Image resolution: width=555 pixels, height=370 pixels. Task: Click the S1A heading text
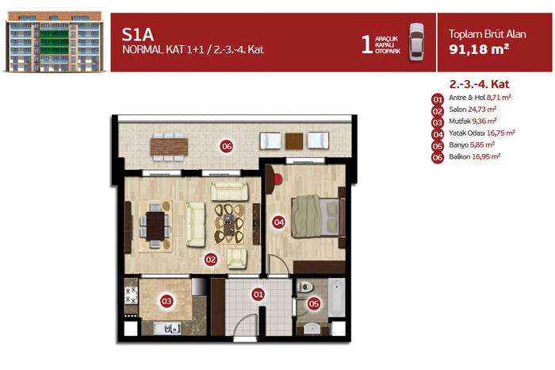pos(138,34)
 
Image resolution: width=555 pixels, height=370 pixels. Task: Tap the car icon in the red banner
pos(416,42)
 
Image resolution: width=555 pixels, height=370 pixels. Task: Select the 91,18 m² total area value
pos(479,49)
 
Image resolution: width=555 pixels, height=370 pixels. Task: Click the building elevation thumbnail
pos(54,41)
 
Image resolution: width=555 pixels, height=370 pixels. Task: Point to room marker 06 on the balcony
pos(227,146)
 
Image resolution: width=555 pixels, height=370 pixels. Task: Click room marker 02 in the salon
pos(211,260)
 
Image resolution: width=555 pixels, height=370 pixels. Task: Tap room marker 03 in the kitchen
pos(166,301)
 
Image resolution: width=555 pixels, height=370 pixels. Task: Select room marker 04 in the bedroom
pos(278,222)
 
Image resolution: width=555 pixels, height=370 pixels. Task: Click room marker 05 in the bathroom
pos(314,304)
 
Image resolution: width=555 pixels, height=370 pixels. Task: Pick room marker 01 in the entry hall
pos(258,294)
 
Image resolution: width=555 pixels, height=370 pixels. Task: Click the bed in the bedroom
pos(317,217)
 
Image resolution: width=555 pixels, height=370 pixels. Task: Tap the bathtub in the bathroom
pos(336,297)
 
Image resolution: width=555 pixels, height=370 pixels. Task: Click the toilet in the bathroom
pos(304,287)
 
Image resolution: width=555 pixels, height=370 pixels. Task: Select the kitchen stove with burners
pos(131,295)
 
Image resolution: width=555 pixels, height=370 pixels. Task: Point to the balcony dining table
pos(169,147)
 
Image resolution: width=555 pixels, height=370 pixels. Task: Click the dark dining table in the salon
pos(155,225)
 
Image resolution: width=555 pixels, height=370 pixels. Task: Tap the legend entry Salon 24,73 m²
pos(473,110)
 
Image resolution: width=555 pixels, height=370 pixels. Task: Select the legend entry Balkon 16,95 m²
pos(474,156)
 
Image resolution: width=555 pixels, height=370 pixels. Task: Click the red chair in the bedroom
pos(278,179)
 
